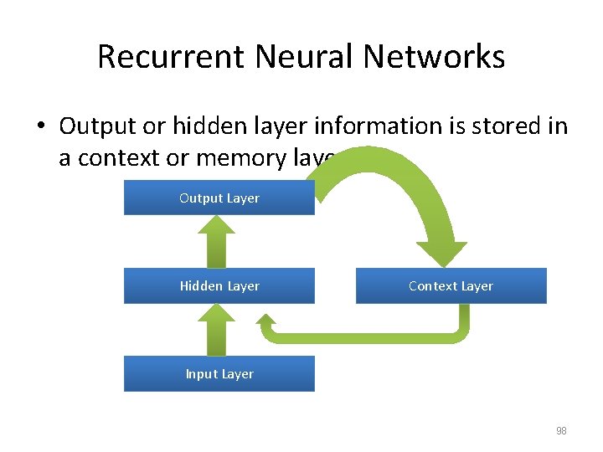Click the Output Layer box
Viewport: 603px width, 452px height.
(219, 198)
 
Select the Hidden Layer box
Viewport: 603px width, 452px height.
(219, 286)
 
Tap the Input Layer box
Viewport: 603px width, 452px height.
(219, 374)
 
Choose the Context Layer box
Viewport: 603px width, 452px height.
(451, 286)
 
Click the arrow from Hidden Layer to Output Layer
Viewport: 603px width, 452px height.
(219, 241)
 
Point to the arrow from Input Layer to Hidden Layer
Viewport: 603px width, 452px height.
(219, 329)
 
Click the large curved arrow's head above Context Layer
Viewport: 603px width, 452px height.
(442, 253)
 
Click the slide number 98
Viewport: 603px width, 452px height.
(561, 431)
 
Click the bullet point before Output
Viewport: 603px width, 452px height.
(41, 127)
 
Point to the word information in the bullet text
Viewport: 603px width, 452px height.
(377, 126)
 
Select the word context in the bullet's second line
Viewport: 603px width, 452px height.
(116, 158)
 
